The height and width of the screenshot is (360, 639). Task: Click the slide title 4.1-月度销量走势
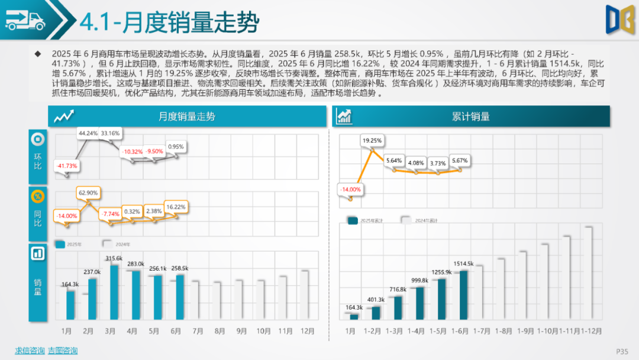[x=169, y=22]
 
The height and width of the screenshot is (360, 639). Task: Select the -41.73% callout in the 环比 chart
[x=66, y=166]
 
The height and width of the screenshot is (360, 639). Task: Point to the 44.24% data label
[x=88, y=133]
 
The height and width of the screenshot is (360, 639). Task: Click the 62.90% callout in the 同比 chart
[x=88, y=192]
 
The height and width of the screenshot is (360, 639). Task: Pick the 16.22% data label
[x=176, y=207]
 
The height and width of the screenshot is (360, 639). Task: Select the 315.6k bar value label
[x=113, y=259]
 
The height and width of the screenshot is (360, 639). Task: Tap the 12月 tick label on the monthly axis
[x=307, y=330]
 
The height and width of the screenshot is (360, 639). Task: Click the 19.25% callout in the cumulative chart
[x=372, y=140]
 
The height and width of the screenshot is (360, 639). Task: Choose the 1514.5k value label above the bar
[x=463, y=263]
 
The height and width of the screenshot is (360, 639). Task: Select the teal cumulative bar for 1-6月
[x=463, y=295]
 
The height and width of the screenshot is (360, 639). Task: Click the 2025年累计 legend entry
[x=367, y=221]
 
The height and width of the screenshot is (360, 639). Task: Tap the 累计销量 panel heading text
[x=470, y=117]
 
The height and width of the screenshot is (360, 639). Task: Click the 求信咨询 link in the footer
[x=30, y=351]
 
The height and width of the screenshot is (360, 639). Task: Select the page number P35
[x=622, y=351]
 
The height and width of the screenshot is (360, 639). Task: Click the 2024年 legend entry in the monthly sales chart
[x=117, y=244]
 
